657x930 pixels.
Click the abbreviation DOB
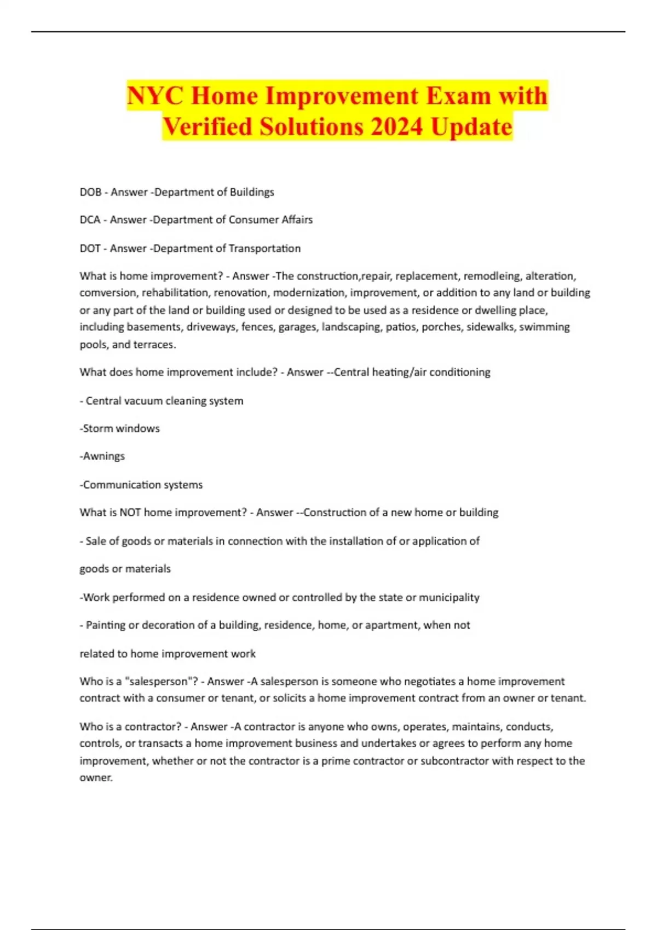[90, 192]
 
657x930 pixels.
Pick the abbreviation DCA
[90, 220]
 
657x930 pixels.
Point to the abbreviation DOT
[90, 248]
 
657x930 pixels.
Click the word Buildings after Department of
[252, 192]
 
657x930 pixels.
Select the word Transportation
[264, 248]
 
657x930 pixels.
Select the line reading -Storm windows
[120, 428]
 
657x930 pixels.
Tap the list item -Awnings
[102, 456]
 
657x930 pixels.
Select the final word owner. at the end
[96, 777]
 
